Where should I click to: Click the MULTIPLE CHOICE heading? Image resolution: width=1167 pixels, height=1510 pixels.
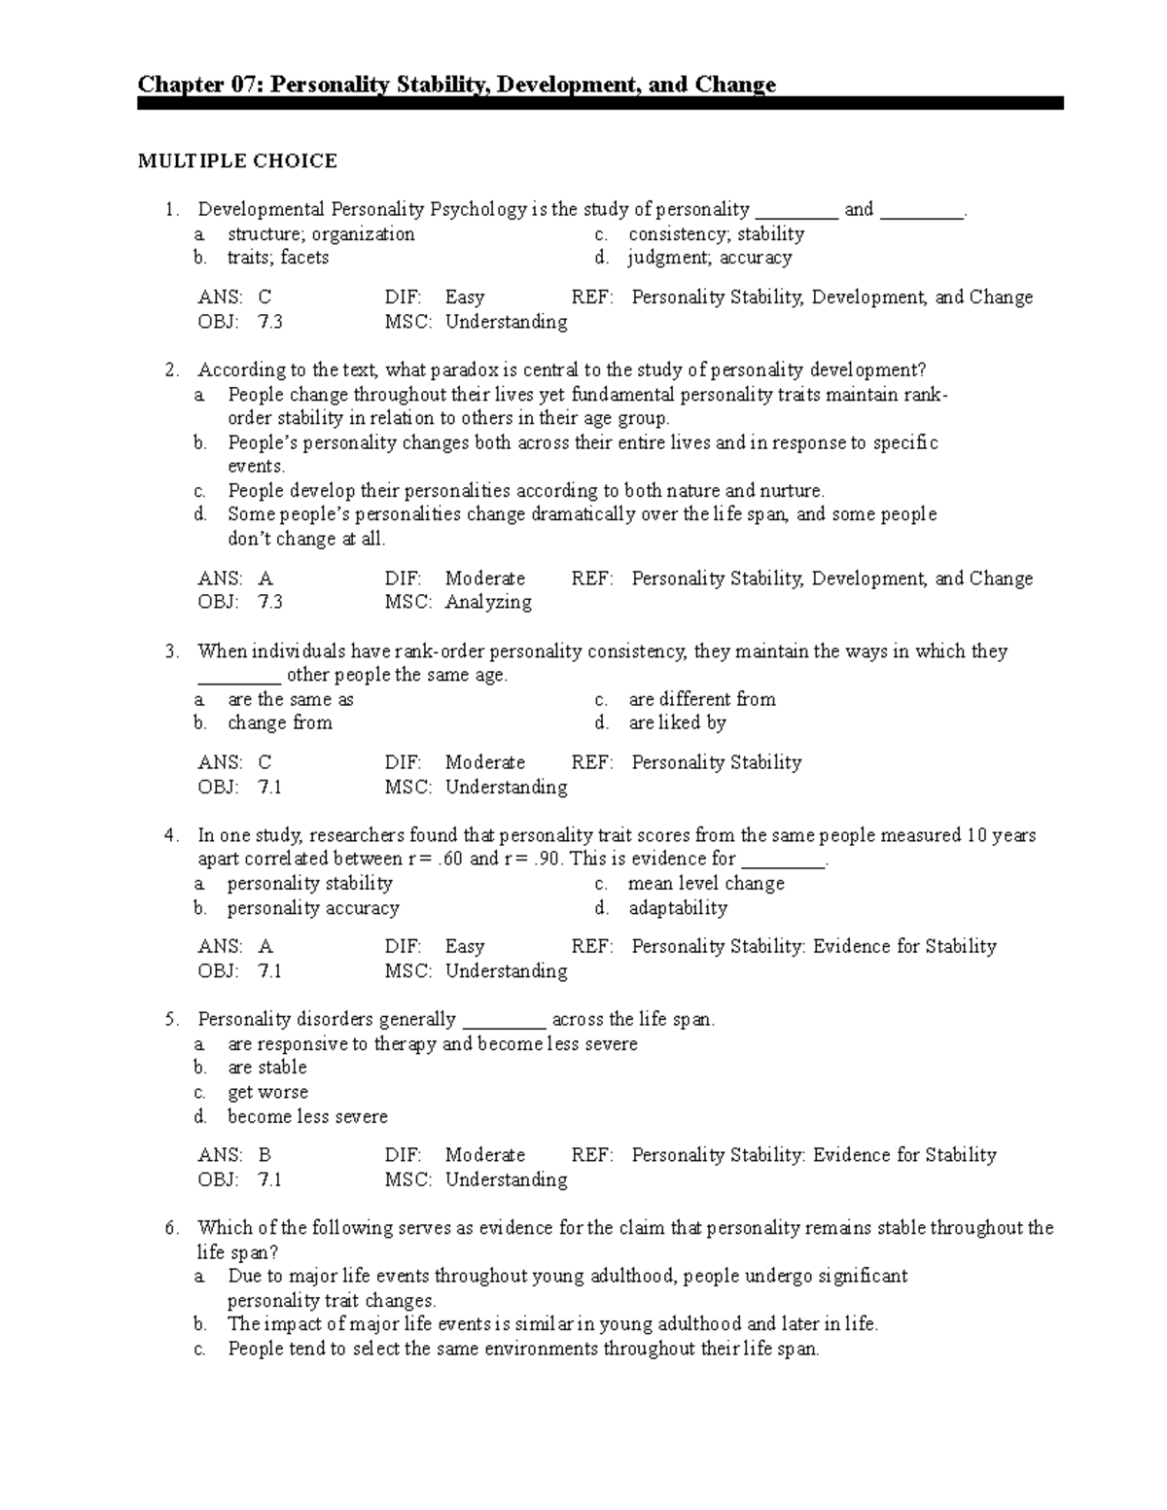pyautogui.click(x=237, y=160)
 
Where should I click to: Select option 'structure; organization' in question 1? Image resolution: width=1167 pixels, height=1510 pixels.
pyautogui.click(x=321, y=234)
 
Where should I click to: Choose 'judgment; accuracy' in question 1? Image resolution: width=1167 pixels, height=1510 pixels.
pyautogui.click(x=710, y=258)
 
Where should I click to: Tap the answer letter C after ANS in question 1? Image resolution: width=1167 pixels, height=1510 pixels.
pyautogui.click(x=265, y=298)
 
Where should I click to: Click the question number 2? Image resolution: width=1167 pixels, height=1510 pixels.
pyautogui.click(x=171, y=369)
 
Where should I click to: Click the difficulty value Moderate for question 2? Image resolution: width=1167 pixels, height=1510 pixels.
pyautogui.click(x=484, y=579)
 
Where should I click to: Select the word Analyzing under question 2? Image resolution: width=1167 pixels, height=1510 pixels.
pyautogui.click(x=488, y=603)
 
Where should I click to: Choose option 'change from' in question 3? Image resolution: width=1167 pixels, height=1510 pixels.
pyautogui.click(x=279, y=723)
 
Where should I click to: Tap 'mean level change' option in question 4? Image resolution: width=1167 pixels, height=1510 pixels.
pyautogui.click(x=706, y=884)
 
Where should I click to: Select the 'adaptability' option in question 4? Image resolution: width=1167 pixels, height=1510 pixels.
pyautogui.click(x=677, y=908)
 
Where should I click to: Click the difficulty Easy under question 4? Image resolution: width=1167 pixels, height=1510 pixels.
pyautogui.click(x=464, y=947)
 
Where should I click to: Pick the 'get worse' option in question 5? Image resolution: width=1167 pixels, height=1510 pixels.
pyautogui.click(x=267, y=1092)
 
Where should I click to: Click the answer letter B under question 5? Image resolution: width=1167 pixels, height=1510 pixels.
pyautogui.click(x=265, y=1155)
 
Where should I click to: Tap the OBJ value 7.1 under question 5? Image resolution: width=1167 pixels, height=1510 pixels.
pyautogui.click(x=270, y=1179)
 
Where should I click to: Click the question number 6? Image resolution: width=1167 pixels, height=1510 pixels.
pyautogui.click(x=171, y=1228)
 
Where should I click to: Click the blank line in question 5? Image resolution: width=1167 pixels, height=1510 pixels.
pyautogui.click(x=504, y=1021)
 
